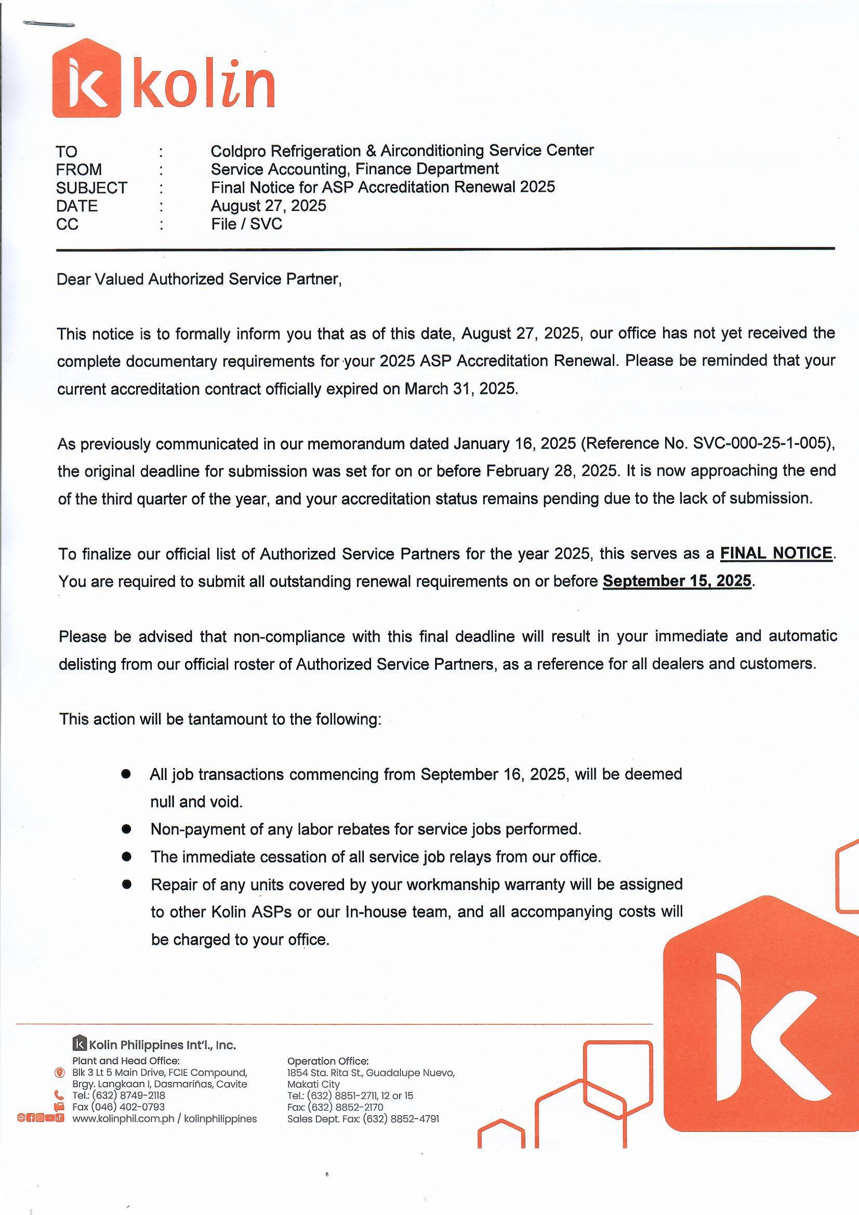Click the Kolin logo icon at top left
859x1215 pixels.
click(86, 78)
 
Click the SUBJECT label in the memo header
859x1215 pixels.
click(91, 188)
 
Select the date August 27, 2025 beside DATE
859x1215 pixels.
click(268, 206)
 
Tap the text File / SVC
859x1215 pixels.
click(246, 224)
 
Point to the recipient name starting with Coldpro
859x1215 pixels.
click(402, 151)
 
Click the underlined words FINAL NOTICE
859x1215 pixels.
click(776, 553)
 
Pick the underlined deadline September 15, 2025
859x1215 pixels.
click(677, 581)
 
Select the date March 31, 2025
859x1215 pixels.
click(460, 389)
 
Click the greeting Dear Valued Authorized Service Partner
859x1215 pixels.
click(199, 280)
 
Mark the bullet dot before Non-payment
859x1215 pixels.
click(126, 829)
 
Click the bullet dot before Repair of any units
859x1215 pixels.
click(126, 884)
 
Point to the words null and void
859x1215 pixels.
click(196, 802)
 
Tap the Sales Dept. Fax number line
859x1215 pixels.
click(363, 1118)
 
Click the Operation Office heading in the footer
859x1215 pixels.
click(327, 1061)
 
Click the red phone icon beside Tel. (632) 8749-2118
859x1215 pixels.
click(59, 1095)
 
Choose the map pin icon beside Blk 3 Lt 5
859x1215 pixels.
click(59, 1073)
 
